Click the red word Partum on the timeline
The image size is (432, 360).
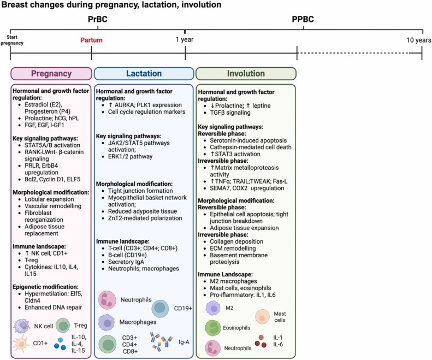point(91,40)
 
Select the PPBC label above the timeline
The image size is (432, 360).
point(304,21)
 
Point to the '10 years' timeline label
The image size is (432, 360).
point(416,40)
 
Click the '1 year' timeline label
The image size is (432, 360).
point(185,40)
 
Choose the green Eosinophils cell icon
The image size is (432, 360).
point(213,328)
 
